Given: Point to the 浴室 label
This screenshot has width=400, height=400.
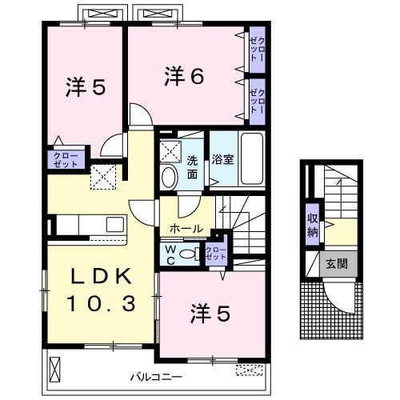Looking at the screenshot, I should click(222, 159).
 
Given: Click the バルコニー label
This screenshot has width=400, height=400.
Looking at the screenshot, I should click(156, 376).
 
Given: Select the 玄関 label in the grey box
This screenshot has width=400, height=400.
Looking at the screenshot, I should click(337, 264).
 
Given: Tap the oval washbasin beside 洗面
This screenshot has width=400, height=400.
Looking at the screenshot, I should click(170, 178).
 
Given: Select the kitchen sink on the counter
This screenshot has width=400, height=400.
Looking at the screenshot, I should click(112, 225).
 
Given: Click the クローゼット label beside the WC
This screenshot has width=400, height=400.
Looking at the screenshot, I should click(216, 254).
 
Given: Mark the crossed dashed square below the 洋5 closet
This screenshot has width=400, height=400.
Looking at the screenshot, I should click(102, 177).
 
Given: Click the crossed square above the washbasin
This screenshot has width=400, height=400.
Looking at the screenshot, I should click(170, 150).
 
